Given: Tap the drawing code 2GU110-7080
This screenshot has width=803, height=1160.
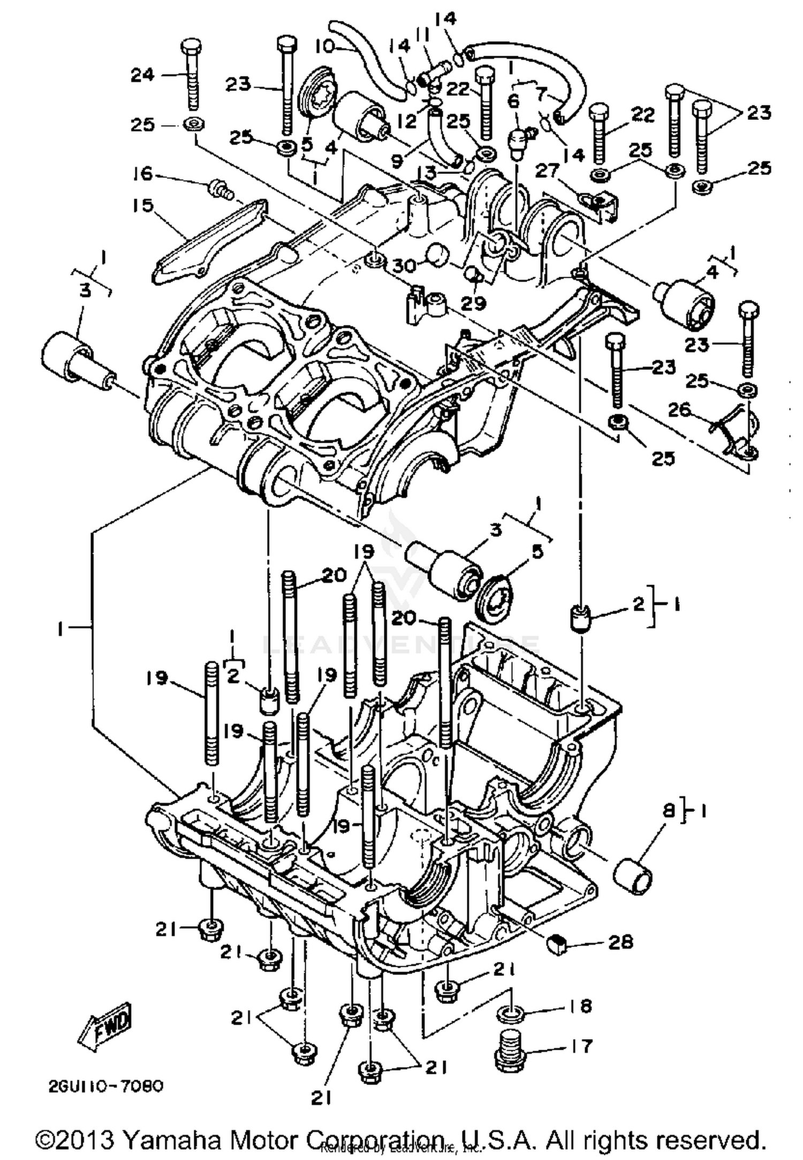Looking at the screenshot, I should [x=104, y=1087].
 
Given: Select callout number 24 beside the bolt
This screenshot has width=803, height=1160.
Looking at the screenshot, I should [x=142, y=75].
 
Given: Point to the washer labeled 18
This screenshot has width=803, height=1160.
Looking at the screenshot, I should [x=511, y=1013].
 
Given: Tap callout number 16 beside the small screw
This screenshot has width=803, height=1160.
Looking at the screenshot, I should [x=143, y=174].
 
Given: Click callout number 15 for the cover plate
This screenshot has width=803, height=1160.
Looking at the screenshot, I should [x=143, y=206].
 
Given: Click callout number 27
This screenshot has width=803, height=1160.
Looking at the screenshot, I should [x=547, y=171].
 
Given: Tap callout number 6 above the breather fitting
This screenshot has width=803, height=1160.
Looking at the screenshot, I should [x=513, y=100].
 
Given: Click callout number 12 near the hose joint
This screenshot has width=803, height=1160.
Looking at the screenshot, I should [x=407, y=121].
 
